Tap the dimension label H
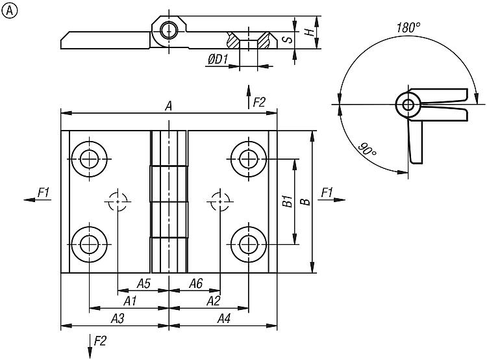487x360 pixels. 310,31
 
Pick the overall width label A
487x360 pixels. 168,106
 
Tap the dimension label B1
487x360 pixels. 286,201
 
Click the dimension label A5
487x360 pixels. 144,283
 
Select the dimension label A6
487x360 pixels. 195,283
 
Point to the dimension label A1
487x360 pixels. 130,301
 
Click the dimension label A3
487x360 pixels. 118,318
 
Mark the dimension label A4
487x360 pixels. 223,318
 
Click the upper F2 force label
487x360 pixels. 259,101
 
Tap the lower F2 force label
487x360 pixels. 100,341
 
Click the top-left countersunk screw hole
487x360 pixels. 88,157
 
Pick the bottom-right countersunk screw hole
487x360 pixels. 249,244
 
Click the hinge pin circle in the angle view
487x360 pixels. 408,104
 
